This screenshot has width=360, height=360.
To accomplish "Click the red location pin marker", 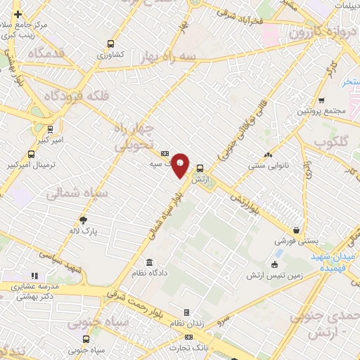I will (181, 165).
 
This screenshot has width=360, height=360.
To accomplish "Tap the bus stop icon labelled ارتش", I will (200, 168).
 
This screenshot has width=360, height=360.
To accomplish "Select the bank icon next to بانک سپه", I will (165, 153).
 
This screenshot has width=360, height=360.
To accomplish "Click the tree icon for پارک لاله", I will (84, 219).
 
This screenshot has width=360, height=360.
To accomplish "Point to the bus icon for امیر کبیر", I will (50, 130).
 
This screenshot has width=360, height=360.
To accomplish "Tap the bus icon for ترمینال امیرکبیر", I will (30, 154).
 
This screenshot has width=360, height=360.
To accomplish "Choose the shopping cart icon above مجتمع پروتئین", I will (321, 101).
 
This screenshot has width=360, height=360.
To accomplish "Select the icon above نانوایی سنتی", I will (267, 155).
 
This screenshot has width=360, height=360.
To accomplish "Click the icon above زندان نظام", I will (186, 312).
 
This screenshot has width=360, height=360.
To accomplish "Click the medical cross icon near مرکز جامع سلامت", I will (18, 14).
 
